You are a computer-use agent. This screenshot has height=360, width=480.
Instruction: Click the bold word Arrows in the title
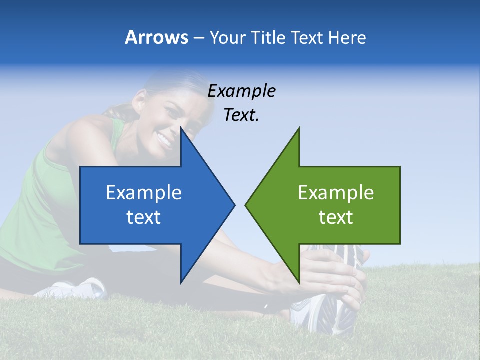(156, 37)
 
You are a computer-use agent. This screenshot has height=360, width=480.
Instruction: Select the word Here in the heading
(347, 37)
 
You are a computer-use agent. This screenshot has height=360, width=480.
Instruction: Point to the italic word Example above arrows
(241, 91)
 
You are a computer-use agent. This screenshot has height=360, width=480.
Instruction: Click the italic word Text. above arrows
(241, 115)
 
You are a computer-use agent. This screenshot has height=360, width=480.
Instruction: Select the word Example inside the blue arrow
(143, 193)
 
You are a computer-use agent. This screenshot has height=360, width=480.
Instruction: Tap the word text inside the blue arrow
(143, 217)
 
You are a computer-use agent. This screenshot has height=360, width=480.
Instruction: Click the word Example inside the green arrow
(336, 193)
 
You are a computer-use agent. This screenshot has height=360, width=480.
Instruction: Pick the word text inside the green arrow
(336, 217)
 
